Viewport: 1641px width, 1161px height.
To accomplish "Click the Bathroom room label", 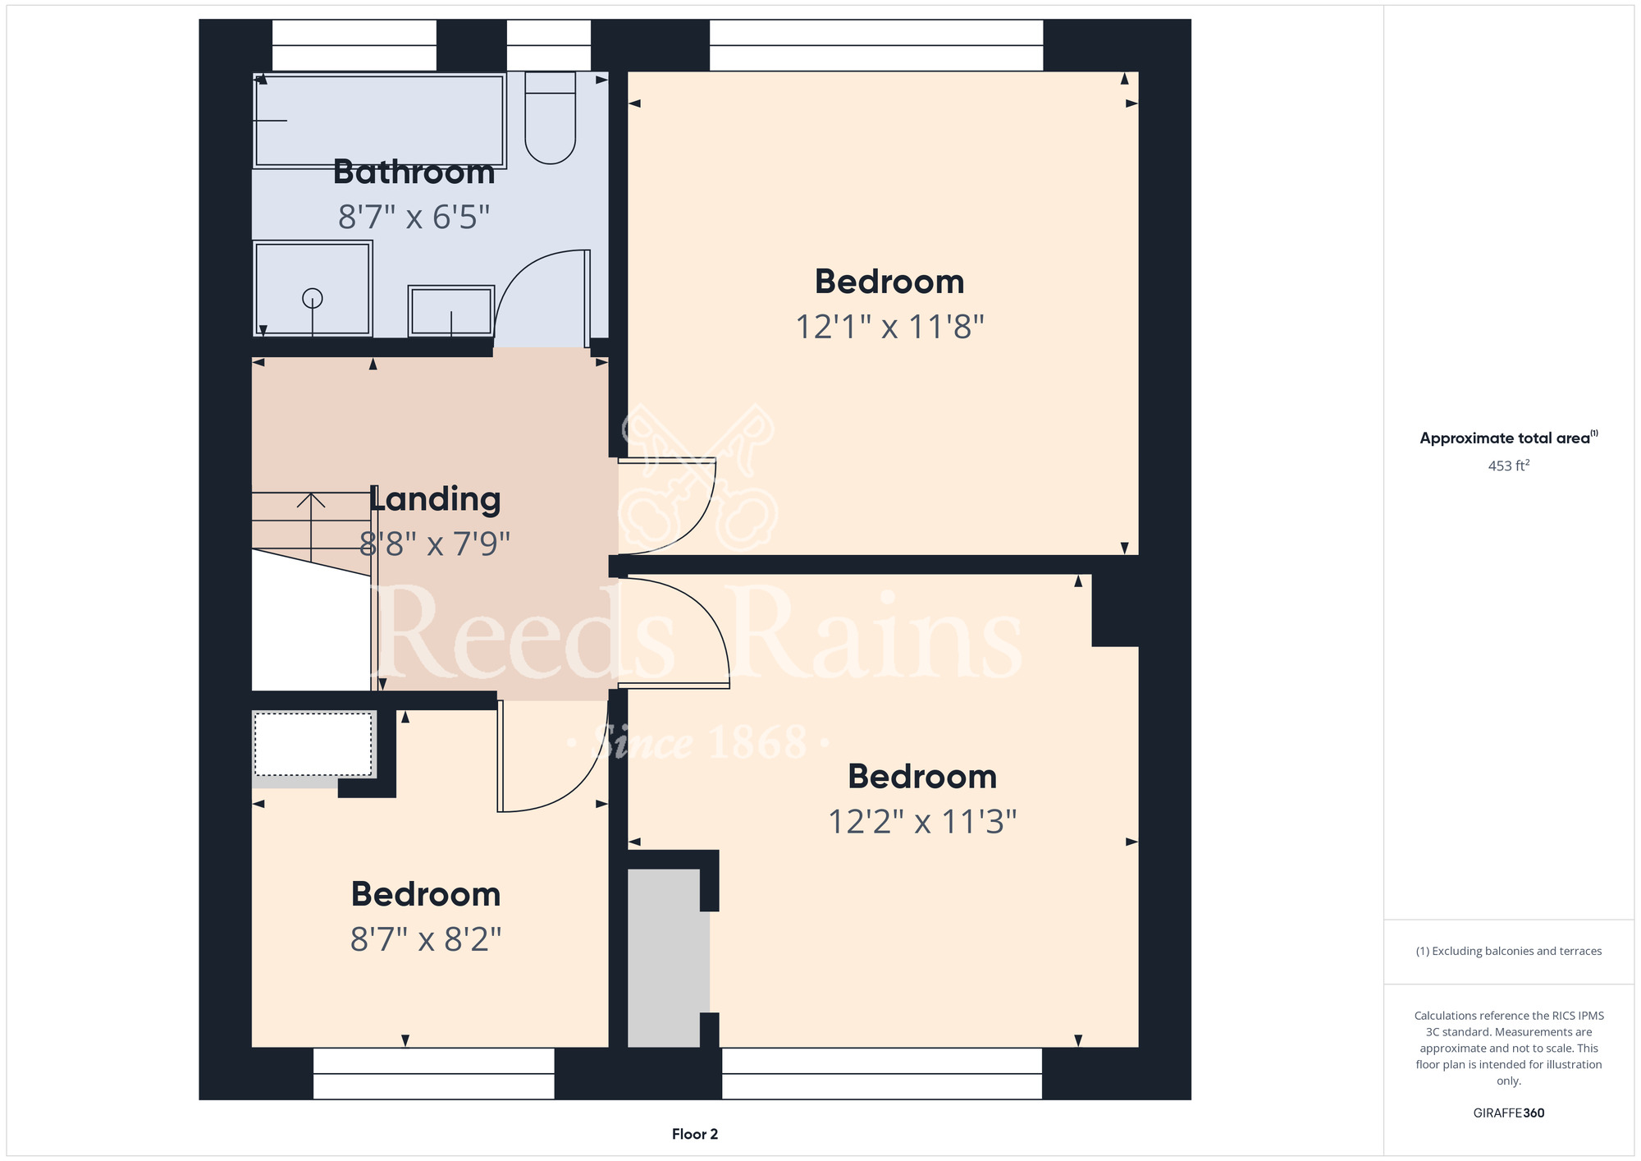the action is tap(414, 172).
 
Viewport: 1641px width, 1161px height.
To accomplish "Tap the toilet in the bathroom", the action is tap(550, 117).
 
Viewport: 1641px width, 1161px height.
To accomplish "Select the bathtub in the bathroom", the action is tap(378, 121).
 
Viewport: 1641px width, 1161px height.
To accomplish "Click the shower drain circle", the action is tap(312, 298).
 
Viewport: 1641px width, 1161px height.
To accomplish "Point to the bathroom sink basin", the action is tap(451, 311).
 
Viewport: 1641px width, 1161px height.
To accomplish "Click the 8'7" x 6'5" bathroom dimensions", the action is tap(414, 218).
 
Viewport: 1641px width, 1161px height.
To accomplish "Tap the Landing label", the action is tap(435, 499).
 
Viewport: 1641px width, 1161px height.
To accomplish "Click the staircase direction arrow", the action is tap(311, 526).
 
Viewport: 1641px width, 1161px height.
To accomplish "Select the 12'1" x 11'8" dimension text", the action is tap(890, 327).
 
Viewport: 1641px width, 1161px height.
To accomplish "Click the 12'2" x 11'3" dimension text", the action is tap(922, 821).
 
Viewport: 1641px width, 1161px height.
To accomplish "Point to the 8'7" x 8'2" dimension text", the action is tap(426, 939).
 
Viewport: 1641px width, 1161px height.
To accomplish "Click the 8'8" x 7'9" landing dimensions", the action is tap(435, 544).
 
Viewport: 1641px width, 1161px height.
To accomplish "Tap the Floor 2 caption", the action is tap(695, 1134).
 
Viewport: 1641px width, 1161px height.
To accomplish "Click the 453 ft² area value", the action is tap(1509, 466).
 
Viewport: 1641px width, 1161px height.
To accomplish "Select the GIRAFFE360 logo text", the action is tap(1509, 1113).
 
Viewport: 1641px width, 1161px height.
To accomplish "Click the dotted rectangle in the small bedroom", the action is tap(313, 744).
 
